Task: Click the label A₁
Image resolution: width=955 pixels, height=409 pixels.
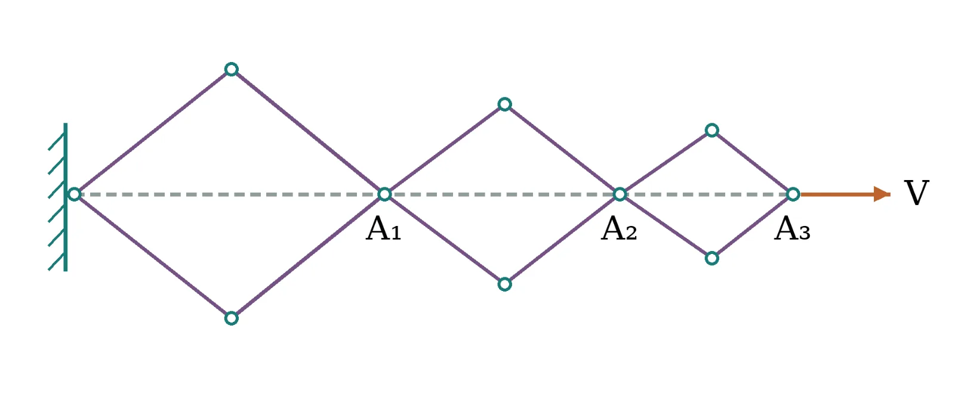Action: pyautogui.click(x=384, y=229)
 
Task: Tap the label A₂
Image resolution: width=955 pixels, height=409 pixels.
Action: pyautogui.click(x=619, y=229)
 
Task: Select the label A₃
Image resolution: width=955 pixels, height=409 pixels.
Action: pyautogui.click(x=792, y=229)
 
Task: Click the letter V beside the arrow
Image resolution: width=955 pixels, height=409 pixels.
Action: pyautogui.click(x=916, y=193)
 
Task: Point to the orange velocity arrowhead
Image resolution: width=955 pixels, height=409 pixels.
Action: pyautogui.click(x=882, y=194)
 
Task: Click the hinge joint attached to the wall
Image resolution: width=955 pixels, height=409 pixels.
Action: pyautogui.click(x=74, y=194)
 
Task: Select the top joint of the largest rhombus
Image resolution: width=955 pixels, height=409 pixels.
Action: pyautogui.click(x=231, y=69)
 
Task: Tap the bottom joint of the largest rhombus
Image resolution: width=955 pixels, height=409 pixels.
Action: pyautogui.click(x=231, y=318)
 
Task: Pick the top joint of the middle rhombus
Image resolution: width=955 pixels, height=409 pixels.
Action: pyautogui.click(x=505, y=104)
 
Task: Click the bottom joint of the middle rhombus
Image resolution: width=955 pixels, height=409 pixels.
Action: pyautogui.click(x=505, y=284)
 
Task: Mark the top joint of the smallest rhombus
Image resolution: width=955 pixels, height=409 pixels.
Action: pyautogui.click(x=712, y=130)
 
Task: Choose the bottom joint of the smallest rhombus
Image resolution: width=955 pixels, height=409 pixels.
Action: pyautogui.click(x=712, y=258)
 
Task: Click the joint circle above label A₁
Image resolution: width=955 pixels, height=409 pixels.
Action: pyautogui.click(x=384, y=194)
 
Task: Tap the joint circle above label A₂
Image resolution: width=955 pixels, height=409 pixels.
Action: pyautogui.click(x=620, y=194)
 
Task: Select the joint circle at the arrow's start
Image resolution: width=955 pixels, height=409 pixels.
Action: pyautogui.click(x=793, y=194)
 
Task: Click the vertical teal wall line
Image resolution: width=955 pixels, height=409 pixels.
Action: pyautogui.click(x=65, y=197)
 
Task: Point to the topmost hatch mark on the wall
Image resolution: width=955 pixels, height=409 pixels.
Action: pyautogui.click(x=56, y=141)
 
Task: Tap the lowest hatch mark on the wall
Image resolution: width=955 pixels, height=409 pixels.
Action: pyautogui.click(x=56, y=262)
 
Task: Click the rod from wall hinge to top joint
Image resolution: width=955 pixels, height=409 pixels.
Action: pyautogui.click(x=153, y=132)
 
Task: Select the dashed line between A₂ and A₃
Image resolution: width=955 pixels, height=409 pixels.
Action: pyautogui.click(x=707, y=194)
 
